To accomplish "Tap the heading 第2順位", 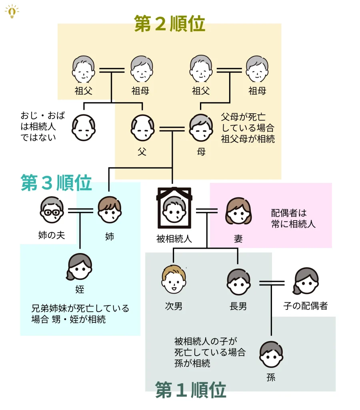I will pyautogui.click(x=169, y=24).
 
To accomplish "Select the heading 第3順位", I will pyautogui.click(x=56, y=183).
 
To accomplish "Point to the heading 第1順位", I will pyautogui.click(x=190, y=390).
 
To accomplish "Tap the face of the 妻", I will pyautogui.click(x=238, y=211).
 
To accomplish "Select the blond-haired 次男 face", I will pyautogui.click(x=174, y=279).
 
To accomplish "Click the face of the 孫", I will pyautogui.click(x=271, y=354).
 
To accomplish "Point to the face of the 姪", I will pyautogui.click(x=80, y=267).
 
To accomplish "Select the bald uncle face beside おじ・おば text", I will pyautogui.click(x=84, y=128).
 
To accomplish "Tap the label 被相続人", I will pyautogui.click(x=174, y=239).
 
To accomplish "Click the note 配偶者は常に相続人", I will pyautogui.click(x=293, y=219).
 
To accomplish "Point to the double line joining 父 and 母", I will pyautogui.click(x=172, y=129).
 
